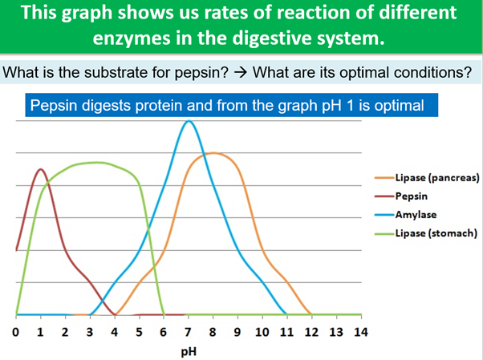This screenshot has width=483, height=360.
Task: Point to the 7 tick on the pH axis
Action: [189, 333]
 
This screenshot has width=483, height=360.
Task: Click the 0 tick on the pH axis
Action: [17, 333]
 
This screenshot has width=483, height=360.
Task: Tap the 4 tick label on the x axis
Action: [115, 333]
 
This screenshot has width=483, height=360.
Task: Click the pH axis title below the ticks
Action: [189, 350]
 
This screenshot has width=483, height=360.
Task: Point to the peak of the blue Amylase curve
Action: [189, 121]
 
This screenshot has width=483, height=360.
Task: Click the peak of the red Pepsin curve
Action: [41, 169]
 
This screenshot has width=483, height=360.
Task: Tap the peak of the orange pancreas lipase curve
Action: [214, 152]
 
